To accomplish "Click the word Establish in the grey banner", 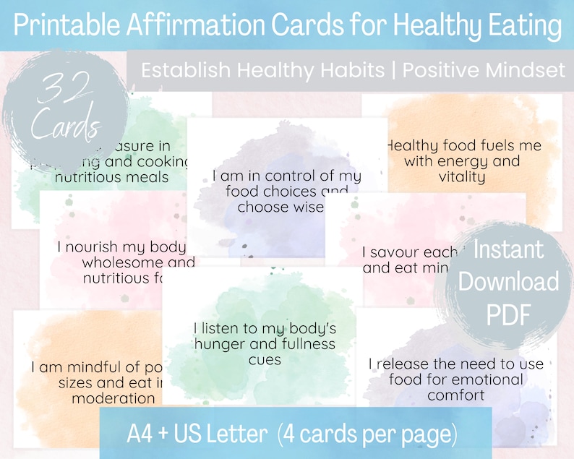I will (182, 72).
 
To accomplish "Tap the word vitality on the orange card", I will (461, 176).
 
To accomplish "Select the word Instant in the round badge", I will (508, 250).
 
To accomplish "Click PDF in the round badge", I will (509, 315).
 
